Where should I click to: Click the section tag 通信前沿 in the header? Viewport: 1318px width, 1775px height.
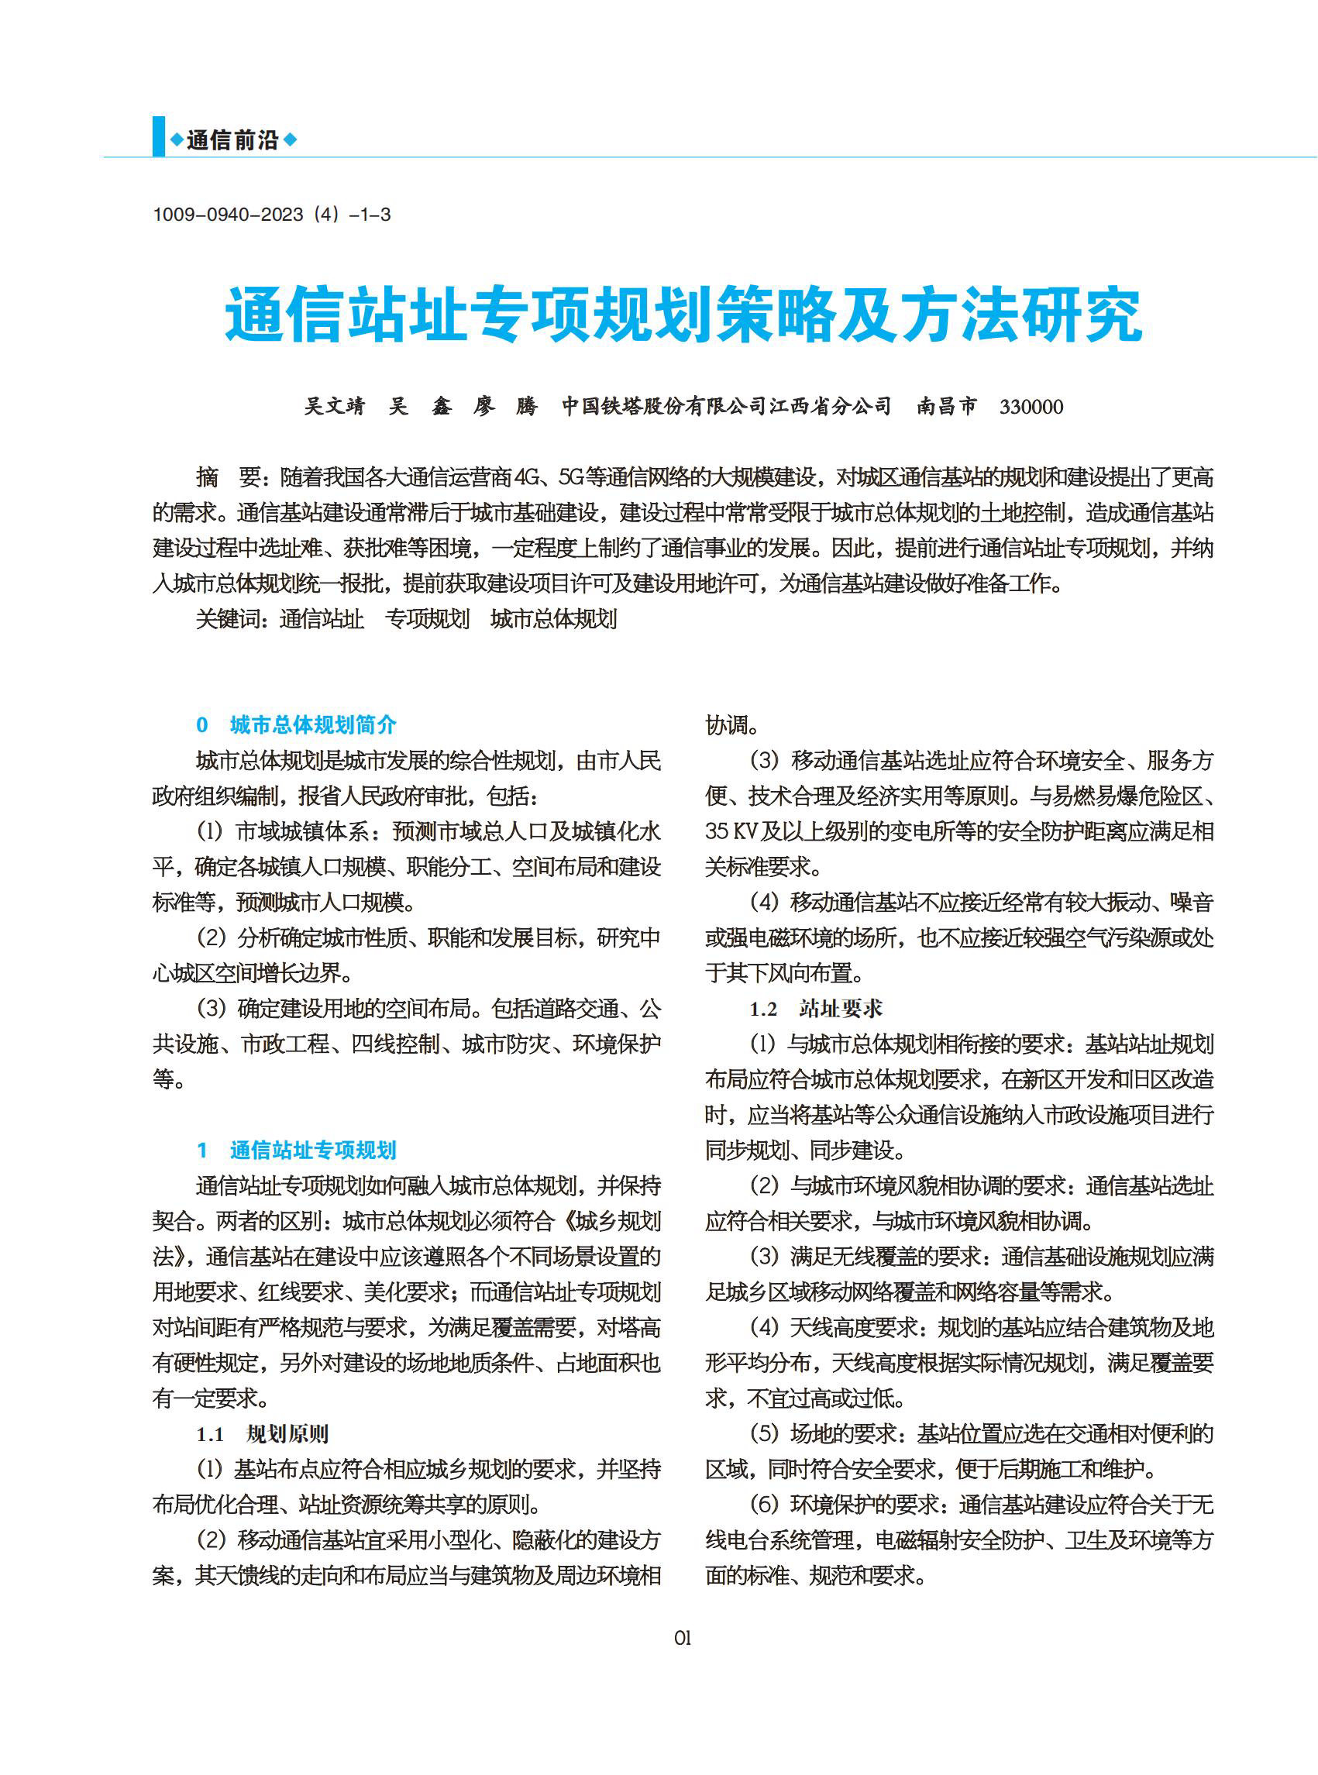pos(233,140)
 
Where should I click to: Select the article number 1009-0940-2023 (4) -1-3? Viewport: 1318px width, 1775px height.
pos(271,215)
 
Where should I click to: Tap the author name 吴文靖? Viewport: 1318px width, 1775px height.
pos(334,406)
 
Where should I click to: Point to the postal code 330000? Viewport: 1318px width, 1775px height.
pos(1031,407)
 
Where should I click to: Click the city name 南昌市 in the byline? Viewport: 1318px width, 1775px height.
pos(946,406)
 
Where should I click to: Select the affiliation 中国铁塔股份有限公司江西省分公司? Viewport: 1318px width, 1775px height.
pos(726,406)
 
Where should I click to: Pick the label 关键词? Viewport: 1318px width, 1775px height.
pos(231,619)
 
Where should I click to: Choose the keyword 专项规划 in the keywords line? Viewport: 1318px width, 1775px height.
pos(428,619)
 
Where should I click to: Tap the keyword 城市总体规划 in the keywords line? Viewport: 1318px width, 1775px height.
pos(554,619)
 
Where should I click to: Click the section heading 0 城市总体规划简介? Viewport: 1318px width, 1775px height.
pos(296,724)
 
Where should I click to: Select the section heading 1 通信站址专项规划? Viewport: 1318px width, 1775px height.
pos(296,1150)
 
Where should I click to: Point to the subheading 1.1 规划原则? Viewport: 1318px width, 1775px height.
pos(263,1433)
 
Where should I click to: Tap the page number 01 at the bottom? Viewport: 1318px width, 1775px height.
pos(682,1638)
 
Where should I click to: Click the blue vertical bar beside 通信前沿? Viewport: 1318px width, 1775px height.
pos(159,136)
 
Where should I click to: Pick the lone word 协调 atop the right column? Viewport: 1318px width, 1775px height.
pos(727,725)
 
